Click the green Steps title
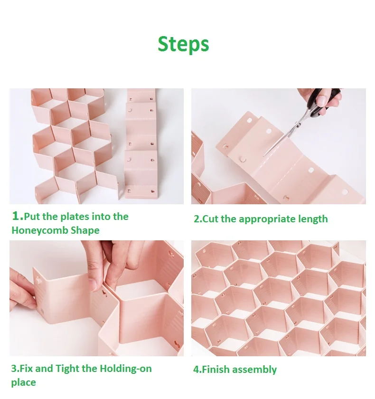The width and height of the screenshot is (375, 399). click(x=183, y=44)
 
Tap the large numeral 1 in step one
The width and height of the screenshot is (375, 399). click(x=16, y=216)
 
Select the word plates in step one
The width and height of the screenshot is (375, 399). click(x=75, y=217)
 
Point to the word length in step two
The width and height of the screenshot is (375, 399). click(x=312, y=219)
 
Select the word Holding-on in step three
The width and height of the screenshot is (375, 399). click(x=125, y=369)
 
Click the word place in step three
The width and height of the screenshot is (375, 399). click(x=23, y=382)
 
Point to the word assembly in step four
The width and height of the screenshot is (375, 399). click(x=254, y=370)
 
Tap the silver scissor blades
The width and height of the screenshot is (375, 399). click(x=284, y=137)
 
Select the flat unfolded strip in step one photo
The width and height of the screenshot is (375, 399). click(x=141, y=144)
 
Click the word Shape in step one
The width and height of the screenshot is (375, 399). click(x=85, y=230)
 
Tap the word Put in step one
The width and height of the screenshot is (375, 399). click(x=32, y=217)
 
